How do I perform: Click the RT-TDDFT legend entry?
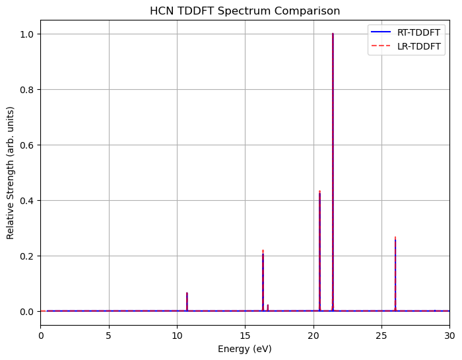point(418,32)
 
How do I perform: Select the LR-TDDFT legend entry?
point(418,47)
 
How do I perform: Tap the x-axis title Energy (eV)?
point(245,349)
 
